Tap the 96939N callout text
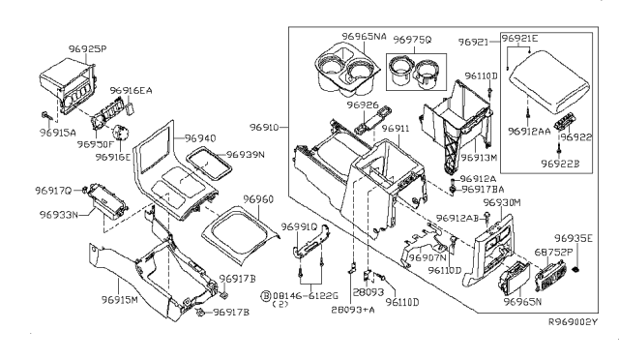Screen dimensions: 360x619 tap(247, 155)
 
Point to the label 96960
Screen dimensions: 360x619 tap(258, 199)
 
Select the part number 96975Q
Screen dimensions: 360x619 tap(410, 43)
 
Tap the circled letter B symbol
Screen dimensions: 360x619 tap(238, 291)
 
